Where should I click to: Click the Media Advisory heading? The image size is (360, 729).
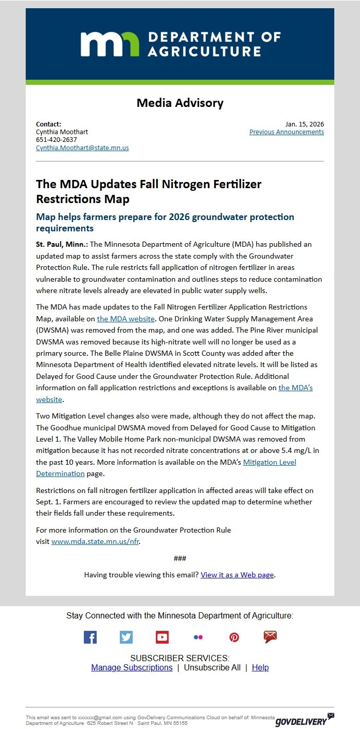coord(180,103)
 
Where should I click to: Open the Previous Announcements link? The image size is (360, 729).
coord(286,132)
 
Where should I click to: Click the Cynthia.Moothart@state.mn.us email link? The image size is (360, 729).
coord(82,148)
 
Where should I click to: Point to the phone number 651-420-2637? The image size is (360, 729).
coord(57,140)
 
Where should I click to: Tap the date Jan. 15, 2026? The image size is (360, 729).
coord(304,124)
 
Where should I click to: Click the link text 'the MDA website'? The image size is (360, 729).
coord(125,319)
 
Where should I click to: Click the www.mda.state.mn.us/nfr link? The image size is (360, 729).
coord(95,541)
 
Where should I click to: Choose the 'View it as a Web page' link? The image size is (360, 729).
coord(237,575)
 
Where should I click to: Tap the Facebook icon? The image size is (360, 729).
coord(90,637)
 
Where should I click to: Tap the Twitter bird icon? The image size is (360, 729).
coord(126,637)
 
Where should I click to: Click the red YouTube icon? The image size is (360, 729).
coord(162,637)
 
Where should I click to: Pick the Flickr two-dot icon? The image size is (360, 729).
coord(198,637)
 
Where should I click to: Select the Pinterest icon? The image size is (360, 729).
coord(234,637)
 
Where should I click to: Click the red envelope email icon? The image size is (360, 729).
coord(270,637)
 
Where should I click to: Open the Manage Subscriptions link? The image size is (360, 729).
coord(132,667)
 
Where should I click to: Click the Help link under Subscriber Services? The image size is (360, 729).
coord(260,667)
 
